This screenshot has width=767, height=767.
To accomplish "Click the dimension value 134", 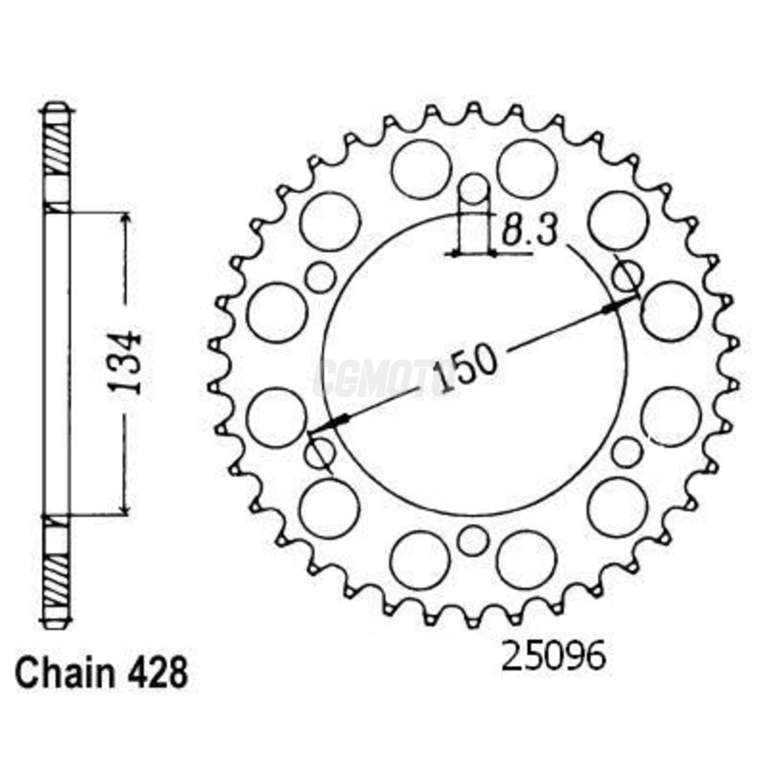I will (127, 362).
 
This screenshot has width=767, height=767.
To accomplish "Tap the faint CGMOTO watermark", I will (383, 378).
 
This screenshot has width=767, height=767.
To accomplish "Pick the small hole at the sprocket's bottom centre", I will (472, 541).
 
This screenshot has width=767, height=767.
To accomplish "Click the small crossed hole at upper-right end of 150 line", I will (627, 276).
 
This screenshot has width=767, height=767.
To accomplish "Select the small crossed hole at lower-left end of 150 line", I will (320, 453).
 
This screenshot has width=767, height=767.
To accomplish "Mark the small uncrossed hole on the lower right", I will (627, 453).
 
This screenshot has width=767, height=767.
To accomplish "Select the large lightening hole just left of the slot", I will (421, 169).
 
